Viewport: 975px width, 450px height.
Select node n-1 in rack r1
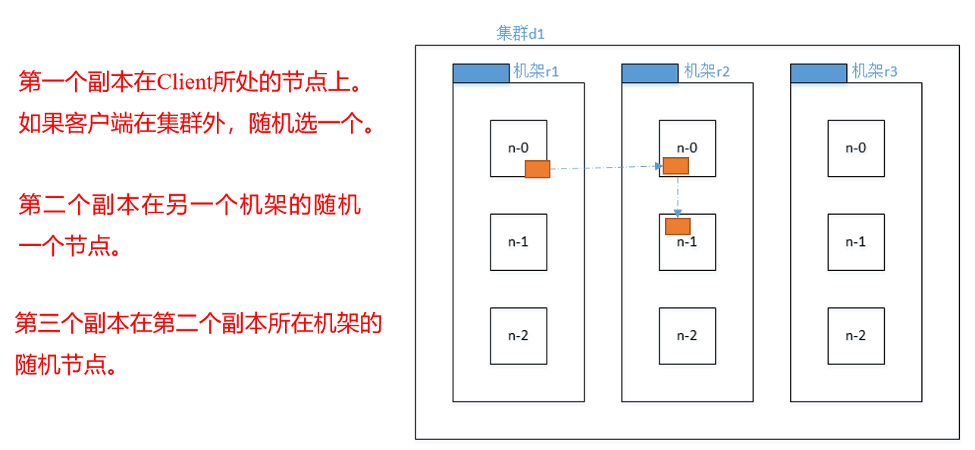point(519,242)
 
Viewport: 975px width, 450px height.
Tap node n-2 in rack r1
point(519,336)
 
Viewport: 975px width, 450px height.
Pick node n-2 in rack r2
point(687,336)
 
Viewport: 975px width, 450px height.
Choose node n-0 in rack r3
point(856,148)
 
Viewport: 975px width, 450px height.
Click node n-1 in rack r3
point(856,242)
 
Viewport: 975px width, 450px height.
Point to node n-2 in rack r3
point(856,336)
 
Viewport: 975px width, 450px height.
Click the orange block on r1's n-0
point(537,169)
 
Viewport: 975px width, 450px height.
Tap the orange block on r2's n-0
point(676,166)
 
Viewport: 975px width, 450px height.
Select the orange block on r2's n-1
point(678,226)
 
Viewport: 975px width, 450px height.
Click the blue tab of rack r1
point(481,73)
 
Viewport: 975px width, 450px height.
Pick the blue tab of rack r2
point(650,73)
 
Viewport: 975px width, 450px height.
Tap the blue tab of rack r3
point(818,73)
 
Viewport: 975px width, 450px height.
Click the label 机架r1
point(536,72)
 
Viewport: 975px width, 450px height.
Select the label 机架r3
point(875,72)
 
